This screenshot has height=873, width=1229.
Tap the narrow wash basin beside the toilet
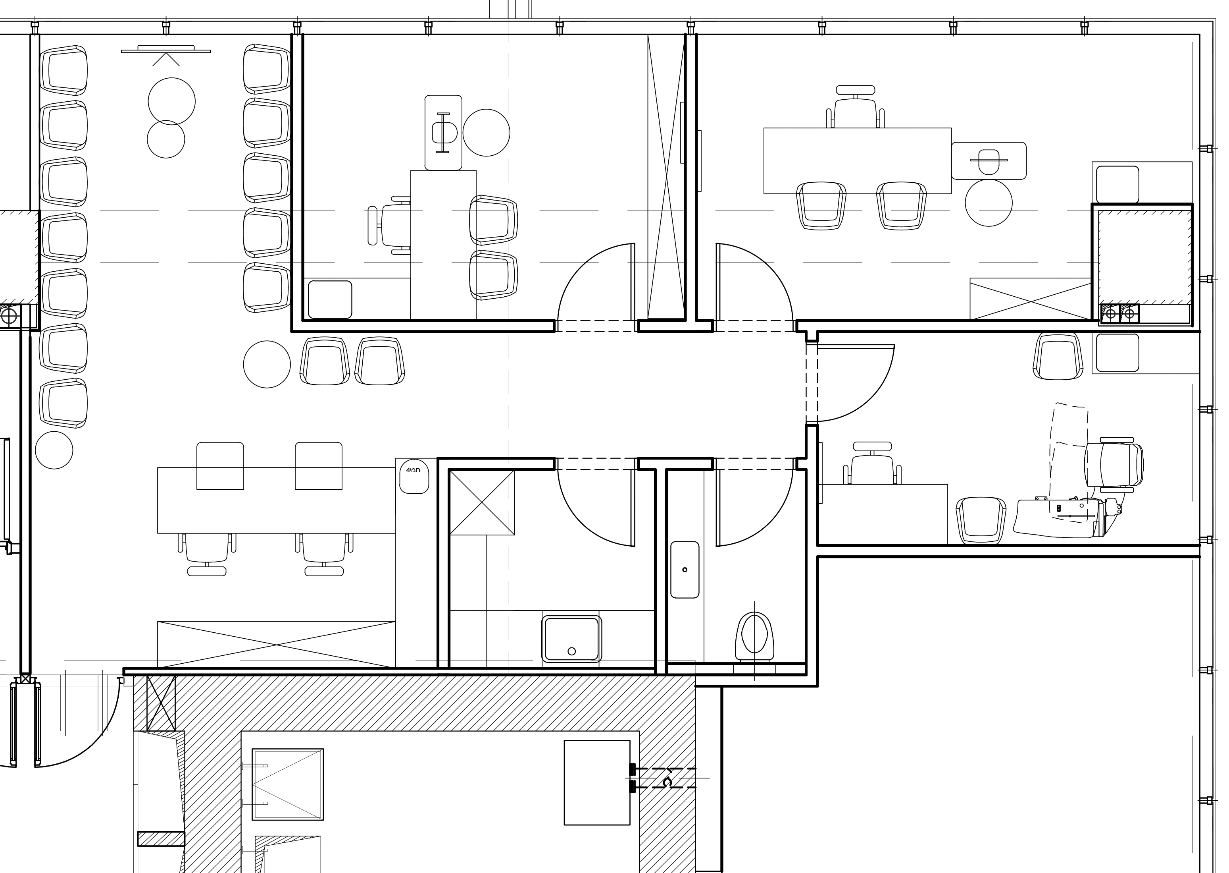click(x=685, y=569)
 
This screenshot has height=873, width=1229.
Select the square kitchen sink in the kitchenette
click(x=571, y=639)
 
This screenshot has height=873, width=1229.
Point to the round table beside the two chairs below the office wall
click(x=267, y=365)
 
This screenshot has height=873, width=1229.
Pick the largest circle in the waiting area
click(x=171, y=101)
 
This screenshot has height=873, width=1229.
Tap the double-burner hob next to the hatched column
click(x=1120, y=314)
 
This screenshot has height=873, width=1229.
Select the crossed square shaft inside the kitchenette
click(x=482, y=502)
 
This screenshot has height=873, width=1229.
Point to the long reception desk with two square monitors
click(x=276, y=500)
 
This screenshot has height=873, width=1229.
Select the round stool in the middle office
click(x=486, y=133)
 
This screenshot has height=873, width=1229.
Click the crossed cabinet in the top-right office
click(x=1030, y=299)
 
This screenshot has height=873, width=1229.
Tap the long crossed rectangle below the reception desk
click(x=276, y=644)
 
